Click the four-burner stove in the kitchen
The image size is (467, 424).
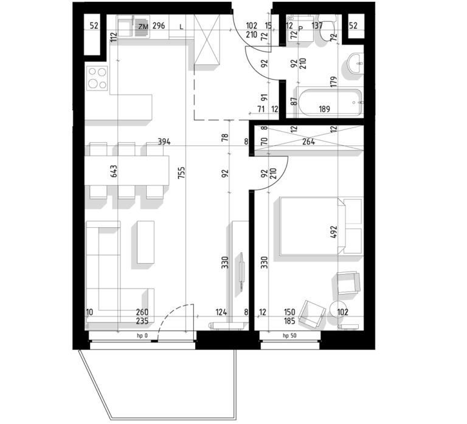(x=97, y=78)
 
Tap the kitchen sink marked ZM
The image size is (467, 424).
(x=133, y=27)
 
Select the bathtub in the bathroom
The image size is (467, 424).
(x=330, y=102)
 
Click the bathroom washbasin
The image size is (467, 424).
(x=356, y=64)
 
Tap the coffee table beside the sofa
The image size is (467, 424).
(x=146, y=242)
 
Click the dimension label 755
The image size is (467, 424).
(x=181, y=173)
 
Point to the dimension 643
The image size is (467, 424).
(x=114, y=171)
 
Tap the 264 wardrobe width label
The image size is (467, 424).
(x=308, y=142)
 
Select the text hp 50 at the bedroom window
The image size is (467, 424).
(x=289, y=336)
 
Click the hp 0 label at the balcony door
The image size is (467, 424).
(x=142, y=336)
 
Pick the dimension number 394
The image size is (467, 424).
(x=164, y=142)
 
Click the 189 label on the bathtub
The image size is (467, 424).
(x=324, y=109)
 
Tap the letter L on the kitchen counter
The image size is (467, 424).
(x=181, y=27)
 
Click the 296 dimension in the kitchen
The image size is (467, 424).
(x=159, y=26)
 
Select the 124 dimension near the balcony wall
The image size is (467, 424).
(x=221, y=312)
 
